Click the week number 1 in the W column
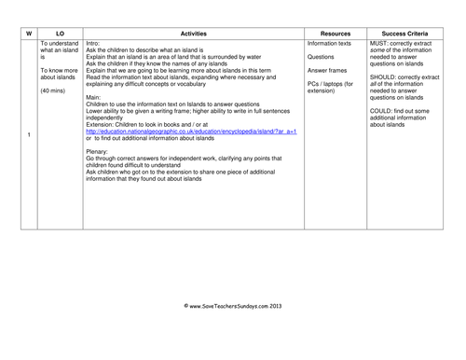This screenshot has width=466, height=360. coord(29,137)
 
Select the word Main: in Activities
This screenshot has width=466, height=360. coord(93,96)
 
